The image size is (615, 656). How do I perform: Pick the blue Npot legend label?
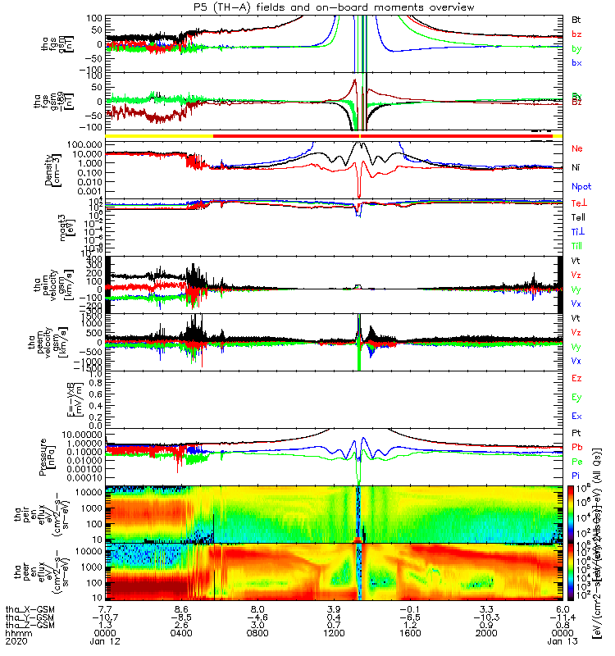click(579, 187)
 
